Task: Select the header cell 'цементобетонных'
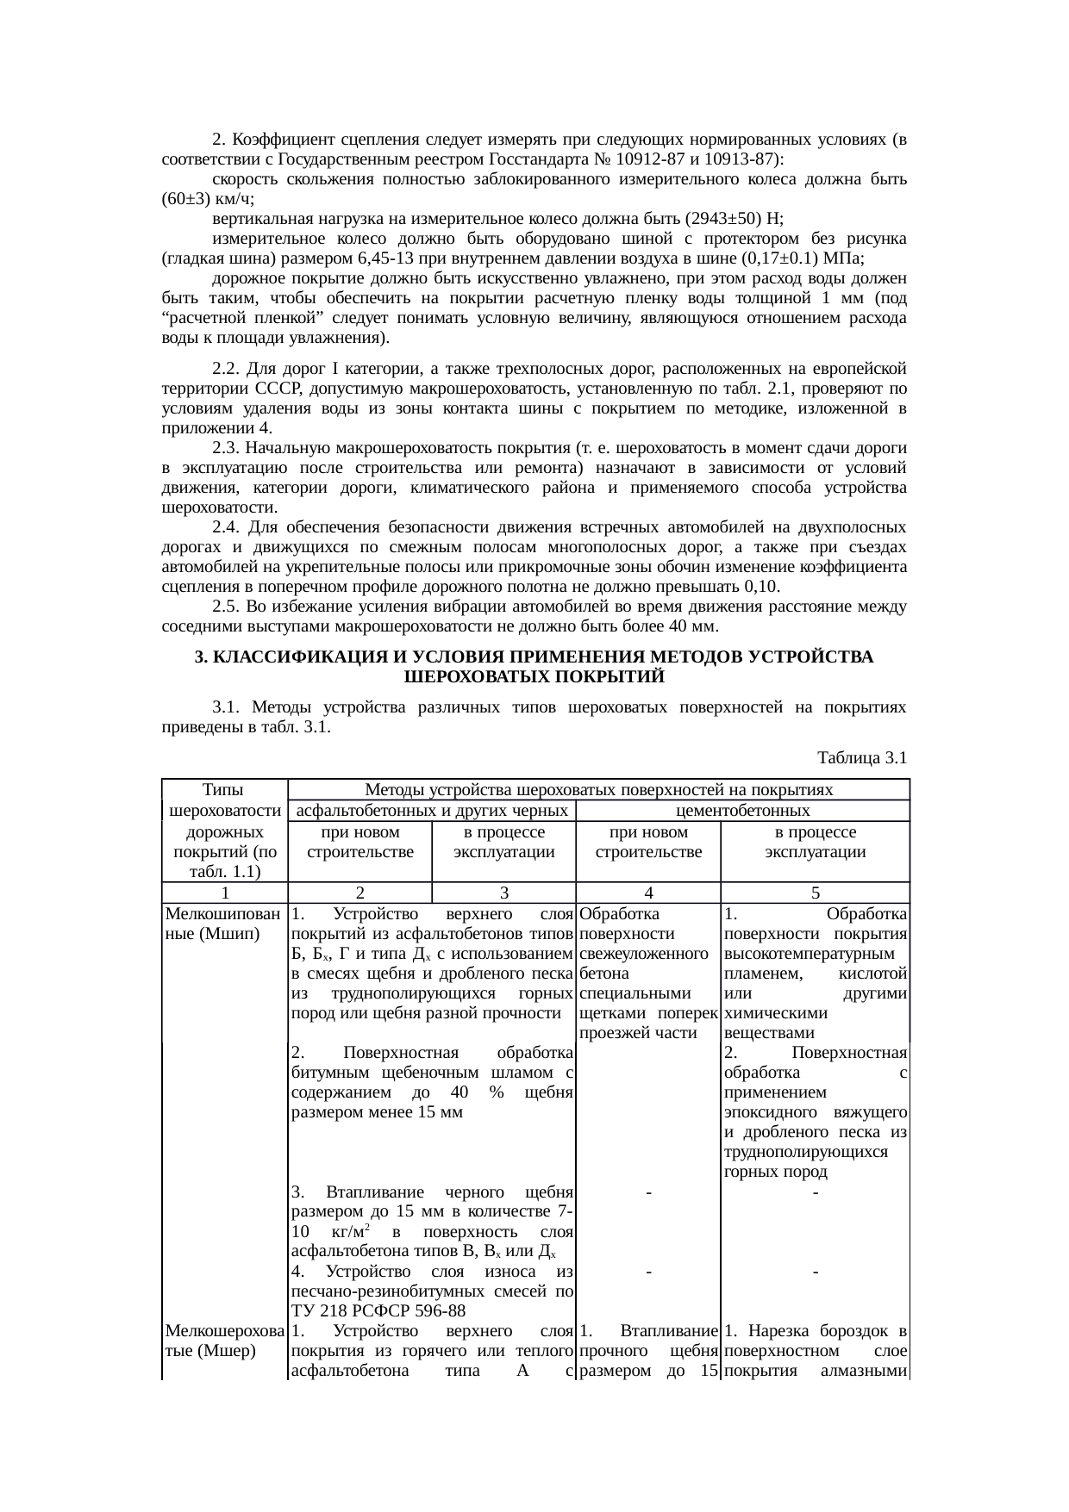click(742, 811)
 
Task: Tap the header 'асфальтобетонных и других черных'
click(431, 811)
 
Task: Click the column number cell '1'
click(224, 894)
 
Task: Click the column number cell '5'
click(815, 894)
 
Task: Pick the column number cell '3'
click(503, 894)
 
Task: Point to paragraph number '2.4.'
click(228, 526)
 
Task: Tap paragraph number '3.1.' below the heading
click(228, 707)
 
